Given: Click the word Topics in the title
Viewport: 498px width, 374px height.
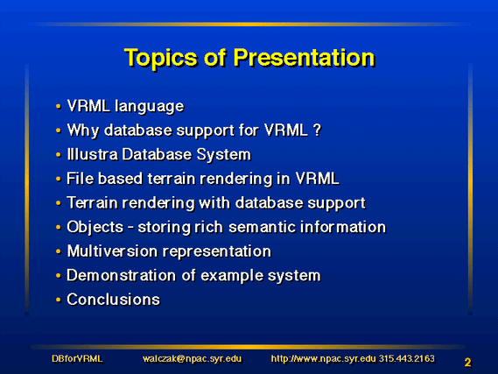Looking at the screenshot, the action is pos(160,59).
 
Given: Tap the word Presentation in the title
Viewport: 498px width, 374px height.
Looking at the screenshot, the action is pos(305,58).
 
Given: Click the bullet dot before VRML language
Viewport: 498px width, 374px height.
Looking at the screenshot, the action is pos(58,106).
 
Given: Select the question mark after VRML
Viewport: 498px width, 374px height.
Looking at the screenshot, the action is pos(317,130).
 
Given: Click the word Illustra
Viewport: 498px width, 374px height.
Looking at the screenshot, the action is pos(92,154).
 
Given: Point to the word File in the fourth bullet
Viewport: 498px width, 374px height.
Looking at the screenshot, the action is pos(81,179).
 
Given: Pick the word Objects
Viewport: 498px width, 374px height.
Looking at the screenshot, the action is pos(95,228).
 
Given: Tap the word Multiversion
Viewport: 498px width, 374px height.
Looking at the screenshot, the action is pos(113,251).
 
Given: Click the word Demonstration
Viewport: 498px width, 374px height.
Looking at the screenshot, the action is pos(121,275).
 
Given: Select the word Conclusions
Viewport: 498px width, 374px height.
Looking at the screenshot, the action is pos(114,300).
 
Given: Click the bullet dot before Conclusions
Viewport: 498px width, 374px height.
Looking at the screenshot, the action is pos(58,300).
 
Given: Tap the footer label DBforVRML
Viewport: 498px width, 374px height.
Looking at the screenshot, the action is pos(77,359).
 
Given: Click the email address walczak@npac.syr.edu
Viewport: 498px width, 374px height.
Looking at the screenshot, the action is pos(192,359).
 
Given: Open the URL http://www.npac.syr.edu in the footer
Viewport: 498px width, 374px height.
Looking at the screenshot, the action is pos(323,359).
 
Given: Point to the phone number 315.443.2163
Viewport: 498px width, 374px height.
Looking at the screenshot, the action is pos(406,359).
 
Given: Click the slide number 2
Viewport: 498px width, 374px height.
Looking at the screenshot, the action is pos(467,363).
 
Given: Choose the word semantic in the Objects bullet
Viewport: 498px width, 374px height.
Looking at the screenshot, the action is pos(262,227).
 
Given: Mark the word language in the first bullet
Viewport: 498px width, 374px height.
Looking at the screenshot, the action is pos(150,107).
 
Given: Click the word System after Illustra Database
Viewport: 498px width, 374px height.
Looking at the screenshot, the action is pos(223,155).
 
